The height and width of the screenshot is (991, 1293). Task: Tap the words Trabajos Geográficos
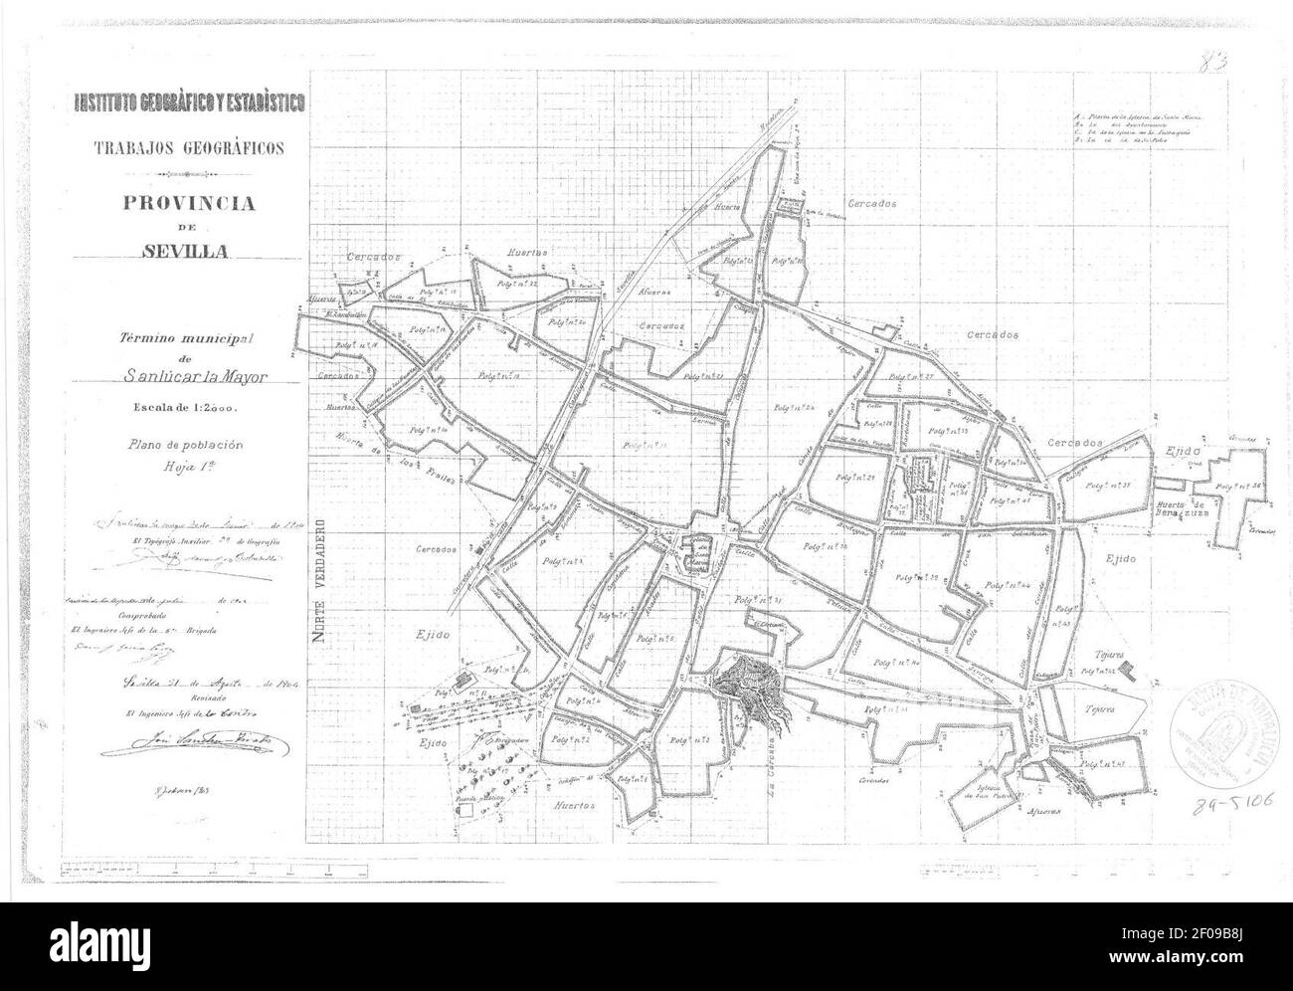pyautogui.click(x=189, y=148)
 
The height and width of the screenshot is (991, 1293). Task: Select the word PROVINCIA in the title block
pyautogui.click(x=189, y=203)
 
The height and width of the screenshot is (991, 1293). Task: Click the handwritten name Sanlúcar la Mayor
pyautogui.click(x=197, y=377)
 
